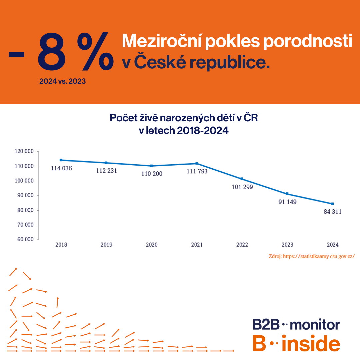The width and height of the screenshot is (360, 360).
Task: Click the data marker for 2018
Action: point(61,160)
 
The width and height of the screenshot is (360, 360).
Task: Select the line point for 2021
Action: point(197,163)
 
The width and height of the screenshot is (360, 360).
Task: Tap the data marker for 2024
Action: point(332,204)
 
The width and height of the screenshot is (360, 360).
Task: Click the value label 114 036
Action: point(61,168)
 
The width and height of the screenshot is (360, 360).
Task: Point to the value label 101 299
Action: point(242,187)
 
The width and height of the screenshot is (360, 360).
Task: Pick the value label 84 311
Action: point(332,212)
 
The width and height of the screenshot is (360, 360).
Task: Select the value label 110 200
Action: point(152,174)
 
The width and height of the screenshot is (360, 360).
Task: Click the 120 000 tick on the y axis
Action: point(24,151)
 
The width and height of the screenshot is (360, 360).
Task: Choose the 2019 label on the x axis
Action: point(106,245)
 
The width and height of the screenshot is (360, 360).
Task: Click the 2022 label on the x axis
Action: point(242,245)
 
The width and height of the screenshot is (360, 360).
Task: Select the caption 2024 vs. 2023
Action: point(62,81)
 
